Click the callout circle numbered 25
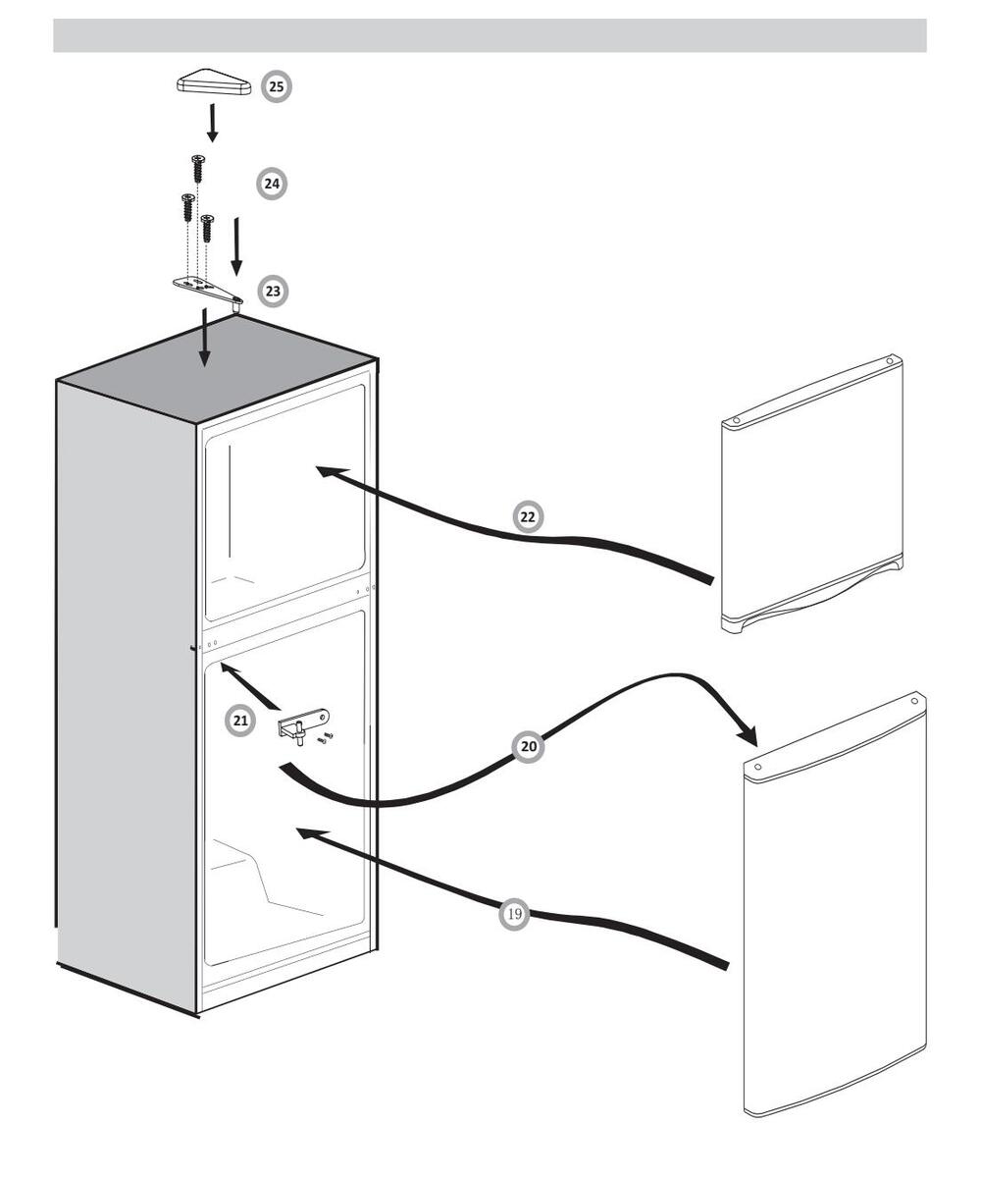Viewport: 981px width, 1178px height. (x=277, y=87)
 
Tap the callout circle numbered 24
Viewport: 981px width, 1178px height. (x=272, y=184)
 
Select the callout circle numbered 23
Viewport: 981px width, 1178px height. (x=273, y=292)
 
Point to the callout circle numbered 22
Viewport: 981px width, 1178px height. (x=529, y=516)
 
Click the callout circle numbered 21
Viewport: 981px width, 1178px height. (x=240, y=722)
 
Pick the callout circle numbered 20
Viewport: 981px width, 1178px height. (x=529, y=746)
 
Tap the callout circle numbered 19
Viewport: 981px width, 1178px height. (x=514, y=915)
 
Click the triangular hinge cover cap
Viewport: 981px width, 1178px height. (x=213, y=85)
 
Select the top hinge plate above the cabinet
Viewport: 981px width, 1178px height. (x=207, y=289)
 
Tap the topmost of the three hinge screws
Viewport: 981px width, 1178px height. (x=199, y=168)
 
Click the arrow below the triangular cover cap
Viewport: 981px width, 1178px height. (x=212, y=123)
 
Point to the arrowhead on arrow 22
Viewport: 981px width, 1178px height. (x=328, y=472)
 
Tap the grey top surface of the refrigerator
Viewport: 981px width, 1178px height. (x=216, y=368)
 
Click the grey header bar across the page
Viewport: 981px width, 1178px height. (x=490, y=34)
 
